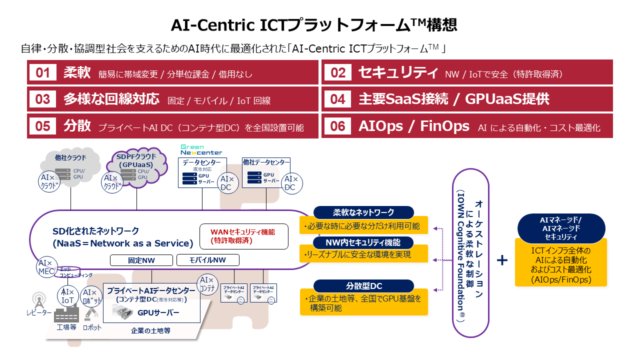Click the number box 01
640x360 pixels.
[x=43, y=72]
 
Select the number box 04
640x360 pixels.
[x=338, y=99]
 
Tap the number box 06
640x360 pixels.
[x=338, y=126]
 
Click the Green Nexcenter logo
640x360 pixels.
[x=201, y=149]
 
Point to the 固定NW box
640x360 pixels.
[x=141, y=260]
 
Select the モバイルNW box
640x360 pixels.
[x=207, y=260]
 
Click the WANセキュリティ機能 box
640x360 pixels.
[x=243, y=236]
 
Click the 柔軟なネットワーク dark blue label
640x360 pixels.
[x=363, y=212]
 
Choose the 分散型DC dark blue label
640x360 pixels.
[x=363, y=286]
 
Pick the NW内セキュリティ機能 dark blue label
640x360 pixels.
[x=363, y=242]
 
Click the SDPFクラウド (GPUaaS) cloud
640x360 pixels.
[x=136, y=167]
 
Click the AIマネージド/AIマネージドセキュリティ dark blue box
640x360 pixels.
[x=561, y=228]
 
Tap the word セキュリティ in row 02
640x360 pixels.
[x=398, y=72]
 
